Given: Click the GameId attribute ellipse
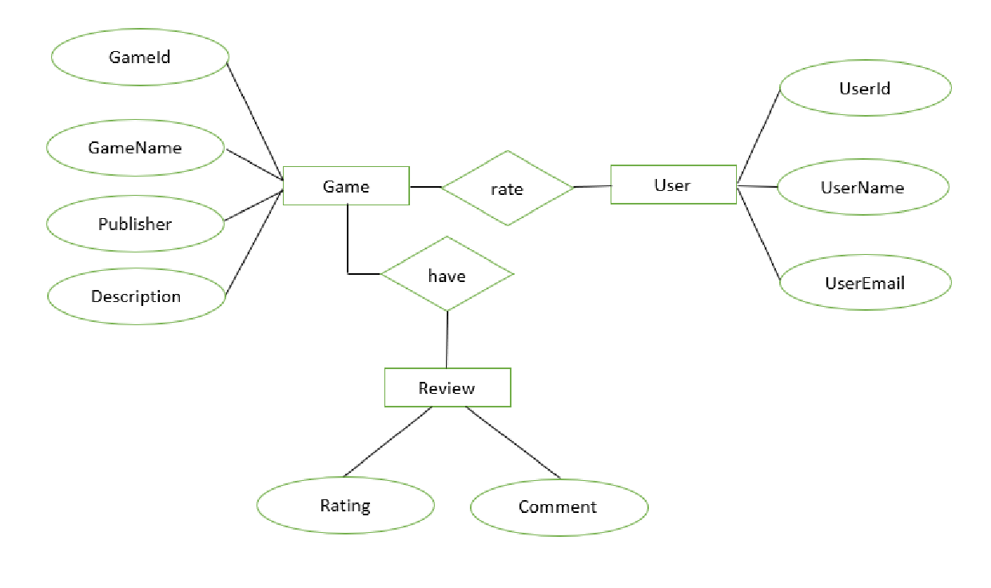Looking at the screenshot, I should pyautogui.click(x=140, y=58).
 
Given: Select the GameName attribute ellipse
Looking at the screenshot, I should pyautogui.click(x=135, y=149).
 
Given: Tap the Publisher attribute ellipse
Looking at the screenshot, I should pyautogui.click(x=135, y=224).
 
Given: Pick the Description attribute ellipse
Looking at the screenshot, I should pyautogui.click(x=136, y=296).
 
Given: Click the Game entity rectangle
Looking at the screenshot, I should pyautogui.click(x=346, y=186).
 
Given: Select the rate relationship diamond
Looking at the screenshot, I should pyautogui.click(x=507, y=189).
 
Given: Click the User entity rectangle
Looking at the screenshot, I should pyautogui.click(x=673, y=185).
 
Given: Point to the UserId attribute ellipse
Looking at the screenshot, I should pyautogui.click(x=865, y=89).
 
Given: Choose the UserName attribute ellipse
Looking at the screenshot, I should pyautogui.click(x=862, y=188).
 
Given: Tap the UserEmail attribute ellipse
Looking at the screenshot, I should pyautogui.click(x=865, y=283).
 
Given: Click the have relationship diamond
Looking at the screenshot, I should pyautogui.click(x=447, y=275).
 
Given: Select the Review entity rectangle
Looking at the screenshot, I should pyautogui.click(x=448, y=388).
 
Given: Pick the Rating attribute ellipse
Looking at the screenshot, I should pyautogui.click(x=345, y=506).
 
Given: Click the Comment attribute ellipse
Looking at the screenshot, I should pyautogui.click(x=558, y=507).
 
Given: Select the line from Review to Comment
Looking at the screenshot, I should pyautogui.click(x=512, y=443).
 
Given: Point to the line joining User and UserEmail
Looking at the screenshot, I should pyautogui.click(x=758, y=232).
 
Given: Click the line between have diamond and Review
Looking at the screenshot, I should pyautogui.click(x=447, y=340).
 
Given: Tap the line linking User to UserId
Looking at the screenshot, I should pyautogui.click(x=758, y=136).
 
